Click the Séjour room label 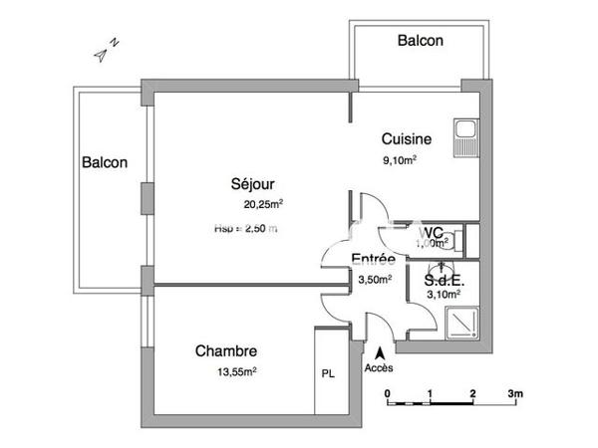click(x=252, y=184)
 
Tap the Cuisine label click(x=407, y=139)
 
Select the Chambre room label click(x=227, y=351)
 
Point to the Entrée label click(x=374, y=261)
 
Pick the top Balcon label click(x=420, y=41)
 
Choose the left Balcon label click(x=105, y=163)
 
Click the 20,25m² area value click(x=263, y=205)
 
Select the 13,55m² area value click(x=237, y=371)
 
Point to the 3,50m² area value click(x=375, y=280)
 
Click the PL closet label click(x=328, y=375)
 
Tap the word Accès click(x=379, y=367)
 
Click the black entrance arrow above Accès click(x=379, y=351)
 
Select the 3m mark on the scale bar click(x=515, y=394)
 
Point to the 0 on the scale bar click(x=387, y=394)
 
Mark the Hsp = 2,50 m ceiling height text click(x=245, y=228)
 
